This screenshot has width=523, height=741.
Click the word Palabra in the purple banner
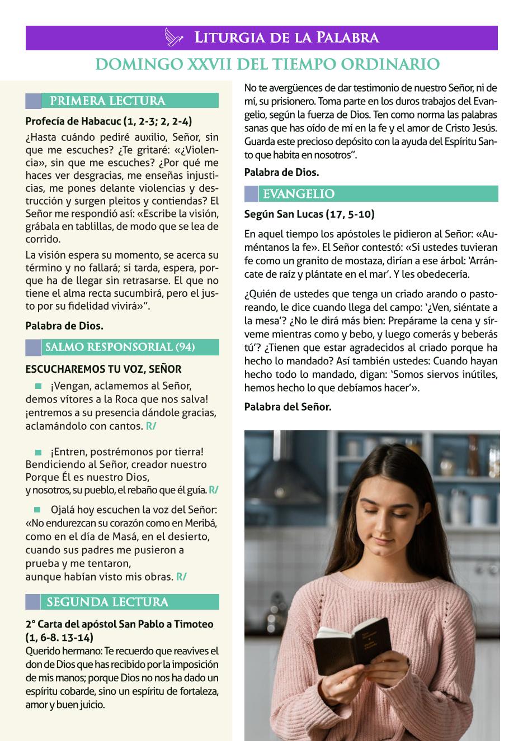tap(347, 38)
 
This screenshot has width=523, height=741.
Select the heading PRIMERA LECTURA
tap(107, 101)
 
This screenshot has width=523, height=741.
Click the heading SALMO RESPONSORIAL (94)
tap(120, 347)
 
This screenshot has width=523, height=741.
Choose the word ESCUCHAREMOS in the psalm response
tap(60, 369)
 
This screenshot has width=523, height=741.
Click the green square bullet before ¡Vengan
tap(39, 386)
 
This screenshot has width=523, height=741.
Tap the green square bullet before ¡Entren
tap(39, 452)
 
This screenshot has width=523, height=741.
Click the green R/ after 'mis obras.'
tap(181, 577)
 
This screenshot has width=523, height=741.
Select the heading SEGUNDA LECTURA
tap(107, 602)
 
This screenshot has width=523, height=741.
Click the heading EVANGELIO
tap(299, 194)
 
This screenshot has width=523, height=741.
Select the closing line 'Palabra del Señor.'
tap(288, 407)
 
